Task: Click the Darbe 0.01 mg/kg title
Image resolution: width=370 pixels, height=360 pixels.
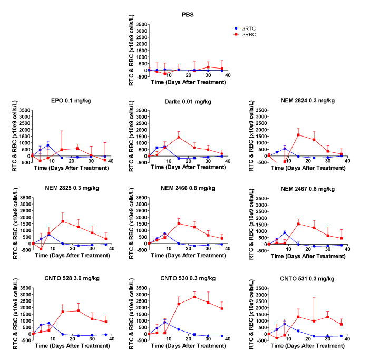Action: (x=187, y=101)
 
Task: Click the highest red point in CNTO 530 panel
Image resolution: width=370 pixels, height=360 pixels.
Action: (x=194, y=297)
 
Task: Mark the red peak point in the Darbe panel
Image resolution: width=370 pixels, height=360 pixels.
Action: (x=179, y=137)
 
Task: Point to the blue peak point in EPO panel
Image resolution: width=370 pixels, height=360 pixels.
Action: (x=48, y=145)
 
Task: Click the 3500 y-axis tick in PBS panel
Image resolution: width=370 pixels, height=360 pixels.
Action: (x=140, y=24)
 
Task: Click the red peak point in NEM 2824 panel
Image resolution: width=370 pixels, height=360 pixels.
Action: (x=298, y=134)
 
